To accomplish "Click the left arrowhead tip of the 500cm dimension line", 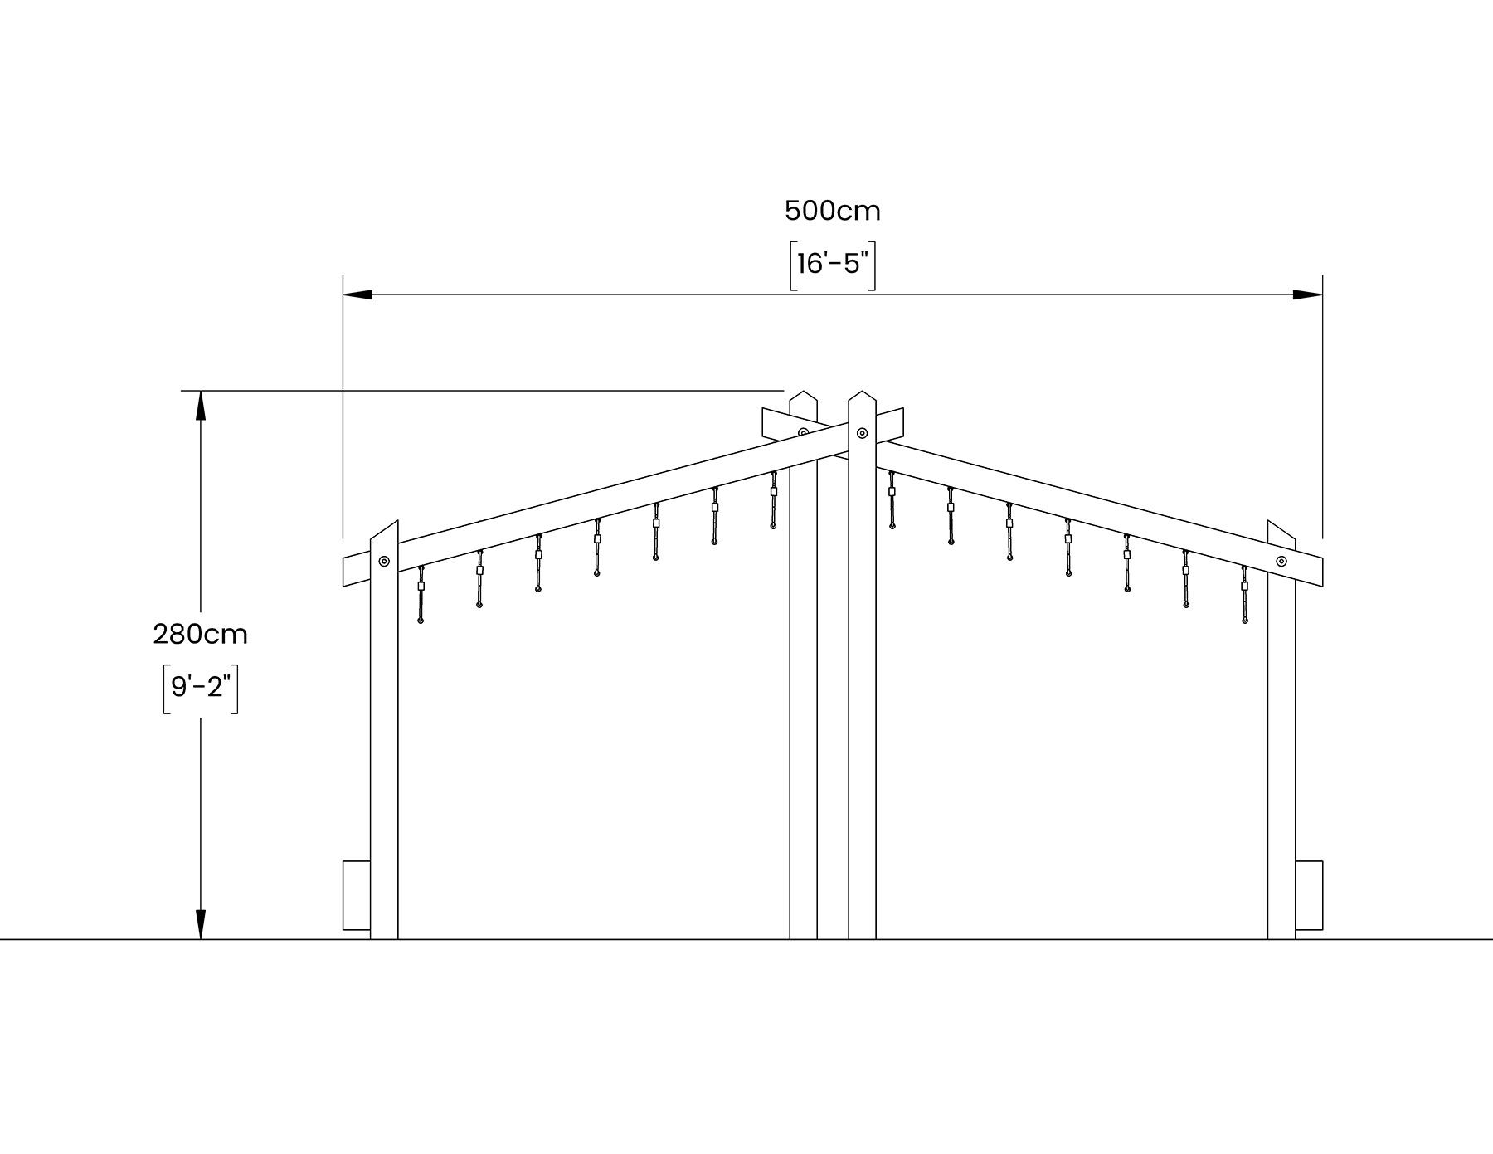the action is point(343,295).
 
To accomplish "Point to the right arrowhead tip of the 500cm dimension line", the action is point(1322,295).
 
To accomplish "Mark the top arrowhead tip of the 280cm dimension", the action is point(200,391).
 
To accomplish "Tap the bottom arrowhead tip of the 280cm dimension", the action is point(200,939).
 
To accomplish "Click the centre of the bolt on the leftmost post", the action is point(384,562).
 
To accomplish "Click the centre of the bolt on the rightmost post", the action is point(1281,562).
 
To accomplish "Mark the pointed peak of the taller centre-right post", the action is point(862,391).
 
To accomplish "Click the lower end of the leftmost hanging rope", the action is point(421,620).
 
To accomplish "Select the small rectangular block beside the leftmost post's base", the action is point(357,896).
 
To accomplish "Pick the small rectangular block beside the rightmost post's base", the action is point(1309,896).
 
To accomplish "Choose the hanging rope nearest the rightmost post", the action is point(1244,593).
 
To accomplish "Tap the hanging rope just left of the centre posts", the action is point(774,499).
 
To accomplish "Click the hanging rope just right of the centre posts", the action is point(892,499).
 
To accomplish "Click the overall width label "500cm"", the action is point(833,212).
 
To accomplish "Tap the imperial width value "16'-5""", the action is point(833,264).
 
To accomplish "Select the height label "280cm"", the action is point(200,635).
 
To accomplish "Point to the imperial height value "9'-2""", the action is point(200,687).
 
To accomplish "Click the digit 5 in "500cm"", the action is point(792,212).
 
